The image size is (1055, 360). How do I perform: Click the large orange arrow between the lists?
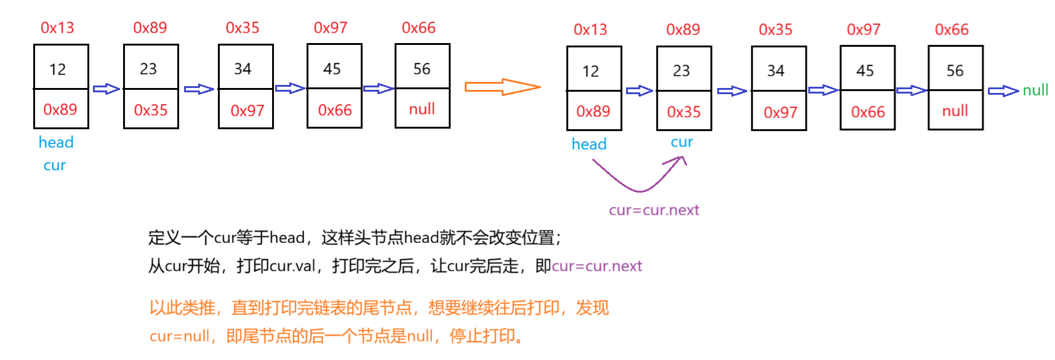tap(502, 87)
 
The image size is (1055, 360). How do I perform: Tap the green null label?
tap(1035, 90)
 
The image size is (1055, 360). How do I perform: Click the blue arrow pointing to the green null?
tap(1003, 91)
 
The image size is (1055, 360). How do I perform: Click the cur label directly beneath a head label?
tap(55, 166)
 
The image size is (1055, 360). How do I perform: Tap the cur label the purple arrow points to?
tap(682, 142)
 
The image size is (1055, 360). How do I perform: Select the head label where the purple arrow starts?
tap(589, 144)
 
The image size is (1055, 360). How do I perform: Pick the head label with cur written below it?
tap(56, 142)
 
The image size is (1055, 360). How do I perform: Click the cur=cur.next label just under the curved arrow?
tap(654, 210)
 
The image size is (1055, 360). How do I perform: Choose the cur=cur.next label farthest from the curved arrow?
tap(597, 266)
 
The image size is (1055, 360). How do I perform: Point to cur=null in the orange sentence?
tap(179, 337)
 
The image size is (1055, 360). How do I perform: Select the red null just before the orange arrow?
tap(422, 109)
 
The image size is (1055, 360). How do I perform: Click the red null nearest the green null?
tap(955, 111)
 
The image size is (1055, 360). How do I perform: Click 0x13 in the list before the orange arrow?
tap(57, 28)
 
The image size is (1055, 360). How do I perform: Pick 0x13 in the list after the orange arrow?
tap(590, 30)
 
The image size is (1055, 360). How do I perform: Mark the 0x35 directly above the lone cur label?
tap(684, 112)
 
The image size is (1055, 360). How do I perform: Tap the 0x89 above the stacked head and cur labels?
tap(60, 110)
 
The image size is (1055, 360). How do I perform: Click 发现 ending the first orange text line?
tap(592, 308)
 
